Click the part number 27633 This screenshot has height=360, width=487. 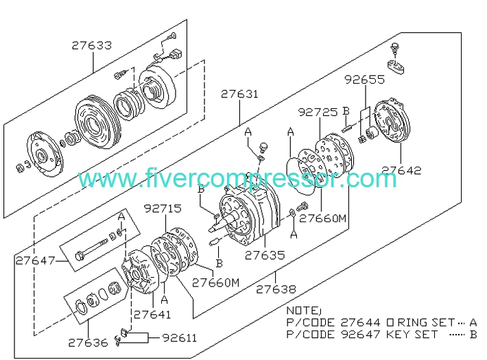tap(91, 46)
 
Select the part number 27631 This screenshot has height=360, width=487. tap(239, 94)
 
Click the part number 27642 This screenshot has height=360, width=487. tap(401, 171)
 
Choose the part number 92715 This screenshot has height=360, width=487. tap(163, 207)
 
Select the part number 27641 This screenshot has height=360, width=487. tap(152, 315)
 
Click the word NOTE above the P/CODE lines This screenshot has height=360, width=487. tap(302, 310)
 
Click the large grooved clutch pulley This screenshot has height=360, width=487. tap(97, 123)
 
